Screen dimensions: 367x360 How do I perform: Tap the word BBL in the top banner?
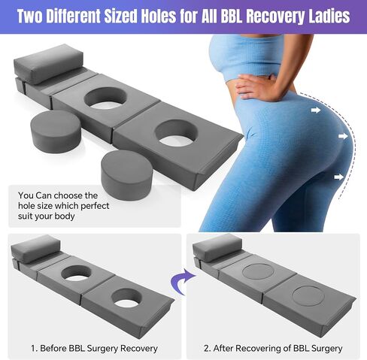(235, 17)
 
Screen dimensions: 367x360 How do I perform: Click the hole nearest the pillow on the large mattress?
(105, 98)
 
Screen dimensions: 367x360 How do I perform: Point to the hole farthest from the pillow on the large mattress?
(177, 133)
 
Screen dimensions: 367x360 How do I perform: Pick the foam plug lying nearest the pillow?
(56, 131)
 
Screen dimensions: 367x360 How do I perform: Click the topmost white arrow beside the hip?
(316, 110)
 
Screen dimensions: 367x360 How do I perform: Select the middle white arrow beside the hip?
(343, 136)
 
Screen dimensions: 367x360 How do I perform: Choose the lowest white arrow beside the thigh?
(339, 177)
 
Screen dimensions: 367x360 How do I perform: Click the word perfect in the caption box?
(95, 206)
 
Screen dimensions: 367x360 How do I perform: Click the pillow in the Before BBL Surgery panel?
(35, 249)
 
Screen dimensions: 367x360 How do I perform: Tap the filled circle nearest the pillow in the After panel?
(257, 271)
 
